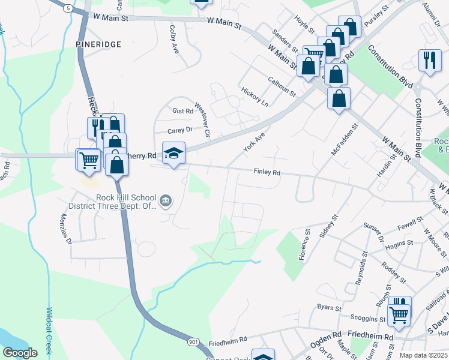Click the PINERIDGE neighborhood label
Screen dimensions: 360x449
coord(99,44)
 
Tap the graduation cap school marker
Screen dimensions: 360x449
coord(173,153)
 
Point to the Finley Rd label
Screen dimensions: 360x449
coord(268,172)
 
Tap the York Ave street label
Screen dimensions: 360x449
coord(254,142)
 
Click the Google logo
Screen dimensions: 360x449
coord(20,353)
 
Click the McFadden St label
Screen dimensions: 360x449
coord(345,140)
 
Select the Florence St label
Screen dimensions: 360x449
coord(305,244)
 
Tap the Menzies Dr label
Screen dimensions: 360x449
coord(65,230)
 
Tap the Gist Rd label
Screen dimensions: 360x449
coord(182,111)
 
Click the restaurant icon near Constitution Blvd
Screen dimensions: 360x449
coord(430,60)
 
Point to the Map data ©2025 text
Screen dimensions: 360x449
coord(423,355)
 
